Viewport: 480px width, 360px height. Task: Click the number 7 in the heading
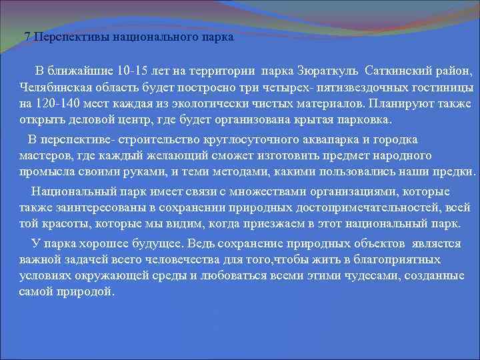[27, 37]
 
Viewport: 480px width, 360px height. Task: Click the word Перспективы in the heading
[68, 37]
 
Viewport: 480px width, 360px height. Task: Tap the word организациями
[349, 192]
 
